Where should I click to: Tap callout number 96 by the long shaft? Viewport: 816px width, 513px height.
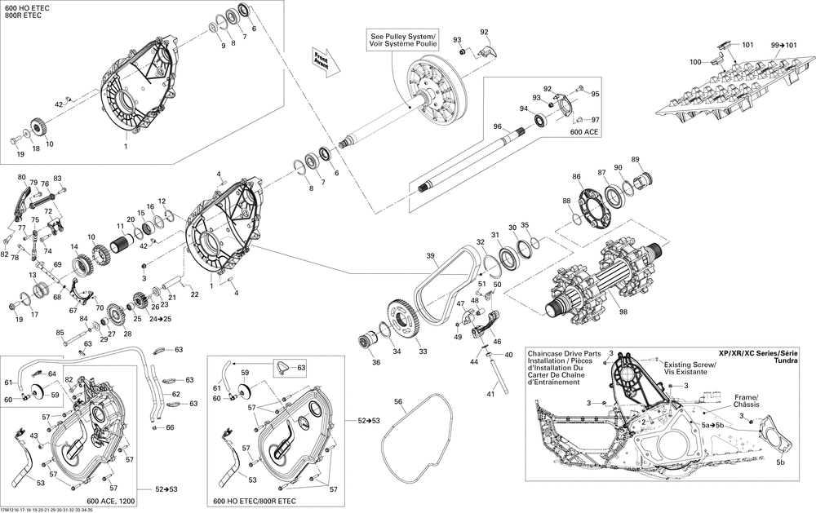coord(495,126)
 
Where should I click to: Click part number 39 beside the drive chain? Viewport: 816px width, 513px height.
coord(430,256)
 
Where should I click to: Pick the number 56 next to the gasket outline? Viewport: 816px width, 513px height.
coord(398,401)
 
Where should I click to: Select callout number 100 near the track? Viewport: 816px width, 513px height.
coord(695,62)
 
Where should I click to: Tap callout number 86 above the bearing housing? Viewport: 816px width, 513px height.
coord(576,177)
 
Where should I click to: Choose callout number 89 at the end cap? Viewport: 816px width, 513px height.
coord(635,159)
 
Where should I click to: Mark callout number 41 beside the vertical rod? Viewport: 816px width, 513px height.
coord(490,394)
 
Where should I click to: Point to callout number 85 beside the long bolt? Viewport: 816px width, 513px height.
coord(60,333)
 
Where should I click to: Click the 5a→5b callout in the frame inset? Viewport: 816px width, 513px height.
coord(712,425)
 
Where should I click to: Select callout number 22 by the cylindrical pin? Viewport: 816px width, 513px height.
coord(194,294)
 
